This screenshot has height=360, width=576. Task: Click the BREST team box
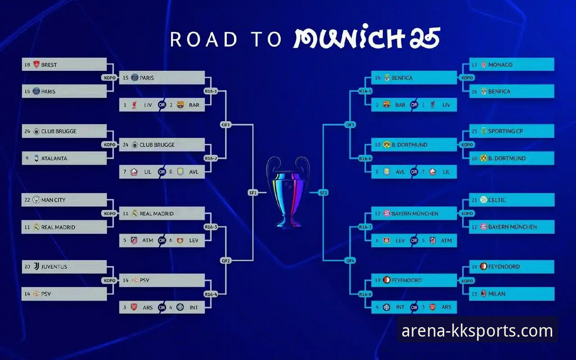[64, 64]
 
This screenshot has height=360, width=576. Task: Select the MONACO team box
[512, 64]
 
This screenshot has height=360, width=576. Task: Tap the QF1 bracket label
[226, 125]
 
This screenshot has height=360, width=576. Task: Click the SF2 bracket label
[323, 192]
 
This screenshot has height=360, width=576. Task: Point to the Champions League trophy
[288, 193]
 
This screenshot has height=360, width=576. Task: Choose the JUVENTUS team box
[64, 267]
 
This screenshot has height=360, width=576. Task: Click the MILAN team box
[512, 294]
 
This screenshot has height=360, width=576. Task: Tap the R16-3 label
[211, 227]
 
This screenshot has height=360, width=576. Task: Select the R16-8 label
[365, 294]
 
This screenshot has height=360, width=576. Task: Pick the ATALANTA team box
[64, 158]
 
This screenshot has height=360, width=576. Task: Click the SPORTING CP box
[512, 131]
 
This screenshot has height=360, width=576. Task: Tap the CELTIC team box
[512, 200]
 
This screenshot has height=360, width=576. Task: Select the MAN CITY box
[64, 200]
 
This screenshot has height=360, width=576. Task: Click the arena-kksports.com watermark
[477, 331]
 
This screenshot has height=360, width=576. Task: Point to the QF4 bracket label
[350, 261]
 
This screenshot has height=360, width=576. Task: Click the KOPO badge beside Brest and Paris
[109, 78]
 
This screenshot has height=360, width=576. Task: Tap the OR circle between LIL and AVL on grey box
[162, 172]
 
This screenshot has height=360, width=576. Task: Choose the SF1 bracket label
[253, 192]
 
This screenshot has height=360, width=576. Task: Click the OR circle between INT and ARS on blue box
[414, 307]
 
